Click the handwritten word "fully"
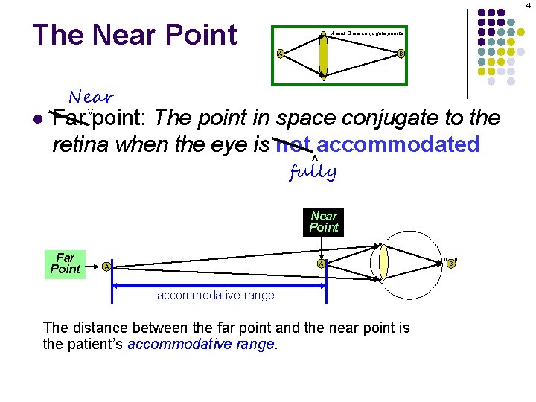tap(313, 173)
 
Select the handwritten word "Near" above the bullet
tap(91, 97)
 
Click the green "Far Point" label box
tap(65, 263)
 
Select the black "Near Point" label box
tap(324, 222)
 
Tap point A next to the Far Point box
tap(106, 266)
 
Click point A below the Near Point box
tap(321, 263)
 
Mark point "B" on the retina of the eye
tap(450, 262)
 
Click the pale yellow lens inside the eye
tap(383, 261)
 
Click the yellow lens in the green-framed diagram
tap(323, 53)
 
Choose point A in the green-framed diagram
tap(279, 53)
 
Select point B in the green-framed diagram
tap(401, 53)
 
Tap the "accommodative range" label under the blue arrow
tap(215, 296)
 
